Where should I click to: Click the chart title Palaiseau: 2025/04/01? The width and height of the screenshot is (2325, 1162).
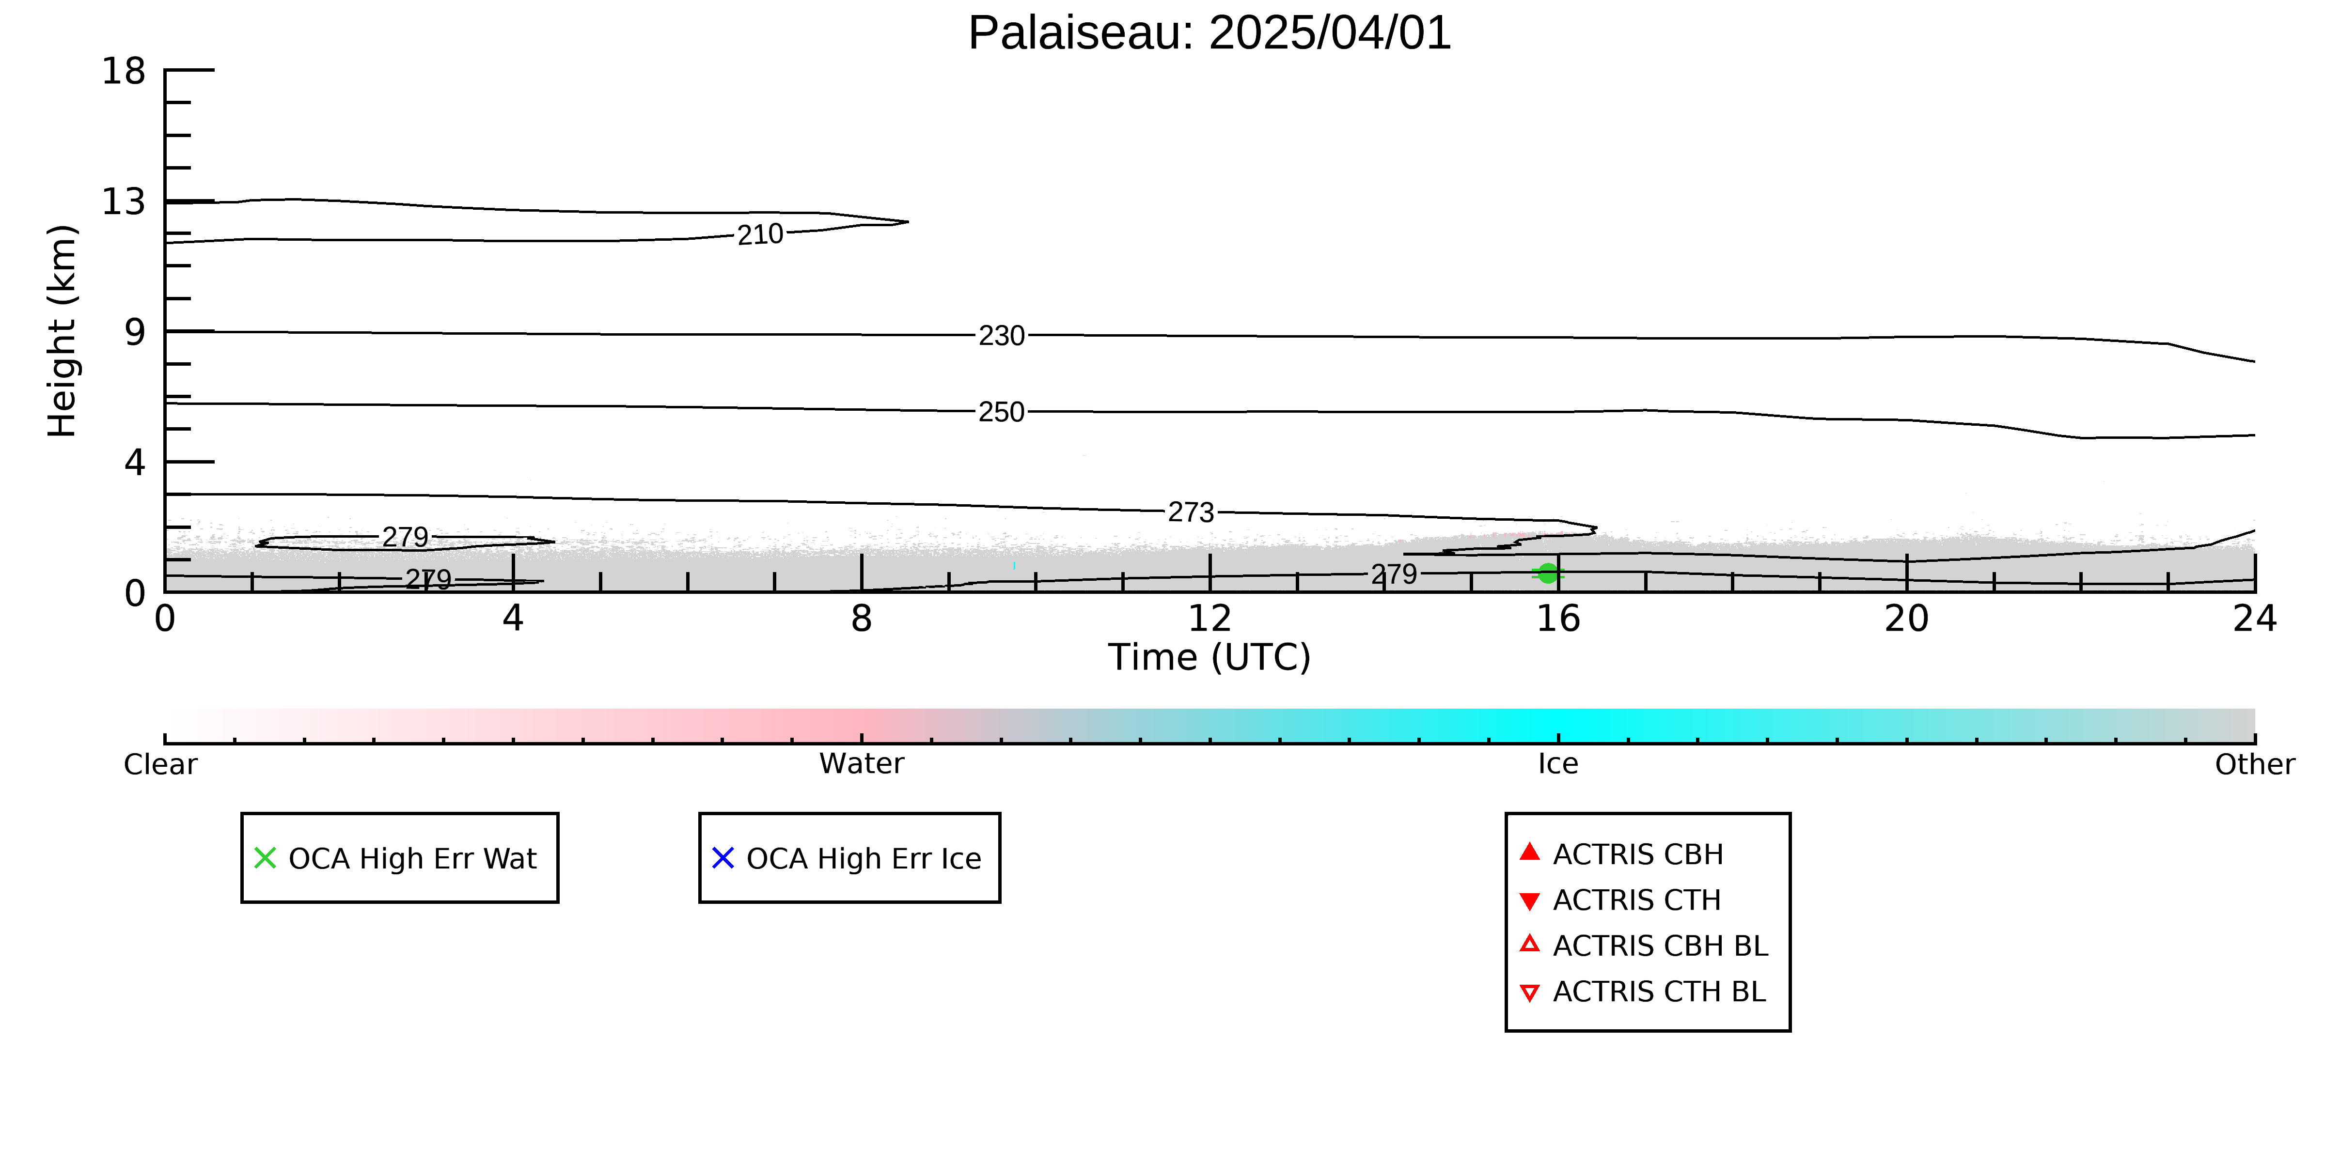coord(1210,33)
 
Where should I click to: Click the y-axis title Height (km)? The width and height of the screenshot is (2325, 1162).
coord(63,331)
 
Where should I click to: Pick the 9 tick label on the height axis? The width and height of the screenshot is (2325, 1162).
coord(135,332)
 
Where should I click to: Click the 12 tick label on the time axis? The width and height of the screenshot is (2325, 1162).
coord(1210,619)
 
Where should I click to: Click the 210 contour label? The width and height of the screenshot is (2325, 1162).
coord(760,234)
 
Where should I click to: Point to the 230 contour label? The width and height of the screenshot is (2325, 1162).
coord(1002,336)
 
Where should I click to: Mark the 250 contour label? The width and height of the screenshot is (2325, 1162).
coord(1002,412)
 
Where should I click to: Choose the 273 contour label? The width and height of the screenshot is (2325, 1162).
coord(1192,512)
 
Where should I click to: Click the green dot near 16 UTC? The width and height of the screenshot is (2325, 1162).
coord(1548,573)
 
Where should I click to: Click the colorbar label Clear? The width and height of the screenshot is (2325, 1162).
coord(161,764)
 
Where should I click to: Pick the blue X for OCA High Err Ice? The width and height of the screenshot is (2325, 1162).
coord(723,858)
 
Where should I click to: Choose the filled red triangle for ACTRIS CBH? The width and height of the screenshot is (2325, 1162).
coord(1530,852)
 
